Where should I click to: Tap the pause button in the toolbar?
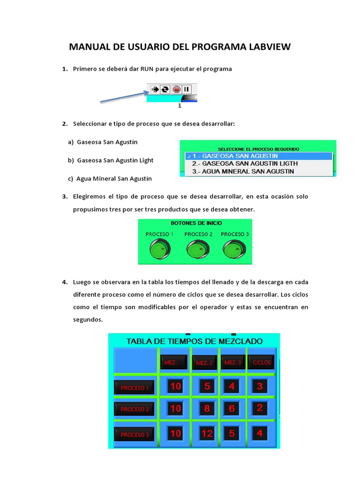coord(187,89)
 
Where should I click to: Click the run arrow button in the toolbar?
coord(155,89)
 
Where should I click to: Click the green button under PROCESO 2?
coord(197,249)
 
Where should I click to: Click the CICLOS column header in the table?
coord(262,362)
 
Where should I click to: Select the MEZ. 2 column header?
coord(204,362)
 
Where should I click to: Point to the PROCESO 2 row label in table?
coord(135,409)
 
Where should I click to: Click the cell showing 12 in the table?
coord(207,434)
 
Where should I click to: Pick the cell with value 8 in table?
coord(207,408)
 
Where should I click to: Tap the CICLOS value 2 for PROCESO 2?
coord(260,408)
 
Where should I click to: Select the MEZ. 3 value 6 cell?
coord(232,408)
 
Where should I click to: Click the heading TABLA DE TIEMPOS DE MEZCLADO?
coord(195,341)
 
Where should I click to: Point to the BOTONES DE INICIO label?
coord(197,223)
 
